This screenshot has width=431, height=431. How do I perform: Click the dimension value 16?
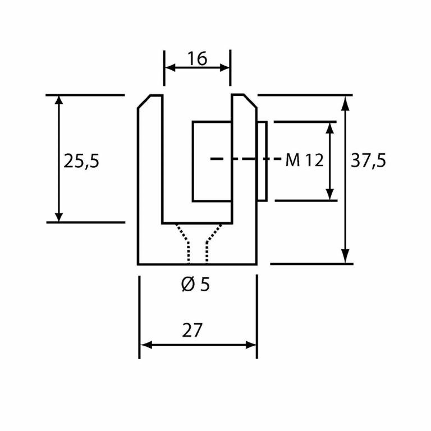(x=197, y=58)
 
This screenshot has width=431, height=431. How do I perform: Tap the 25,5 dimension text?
(x=81, y=162)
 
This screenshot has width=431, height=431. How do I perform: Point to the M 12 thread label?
(x=304, y=161)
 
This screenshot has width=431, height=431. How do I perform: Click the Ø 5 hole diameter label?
(x=195, y=285)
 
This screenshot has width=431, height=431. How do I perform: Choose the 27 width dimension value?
(x=192, y=331)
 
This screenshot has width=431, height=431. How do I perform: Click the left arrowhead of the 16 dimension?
(x=168, y=67)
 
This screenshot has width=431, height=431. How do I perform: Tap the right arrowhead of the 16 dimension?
(x=226, y=67)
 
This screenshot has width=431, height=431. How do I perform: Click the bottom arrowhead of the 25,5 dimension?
(x=59, y=217)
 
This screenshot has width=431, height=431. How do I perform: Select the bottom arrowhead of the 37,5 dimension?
(x=346, y=258)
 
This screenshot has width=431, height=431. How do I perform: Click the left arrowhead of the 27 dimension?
(x=144, y=345)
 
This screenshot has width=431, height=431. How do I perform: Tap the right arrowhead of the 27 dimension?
(x=252, y=345)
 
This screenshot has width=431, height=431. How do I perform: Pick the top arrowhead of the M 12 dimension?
(x=331, y=126)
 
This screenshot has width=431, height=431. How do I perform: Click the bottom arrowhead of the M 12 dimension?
(x=331, y=195)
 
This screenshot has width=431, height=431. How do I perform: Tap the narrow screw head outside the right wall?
(x=262, y=161)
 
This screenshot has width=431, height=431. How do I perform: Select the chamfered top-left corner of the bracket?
(x=144, y=102)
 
